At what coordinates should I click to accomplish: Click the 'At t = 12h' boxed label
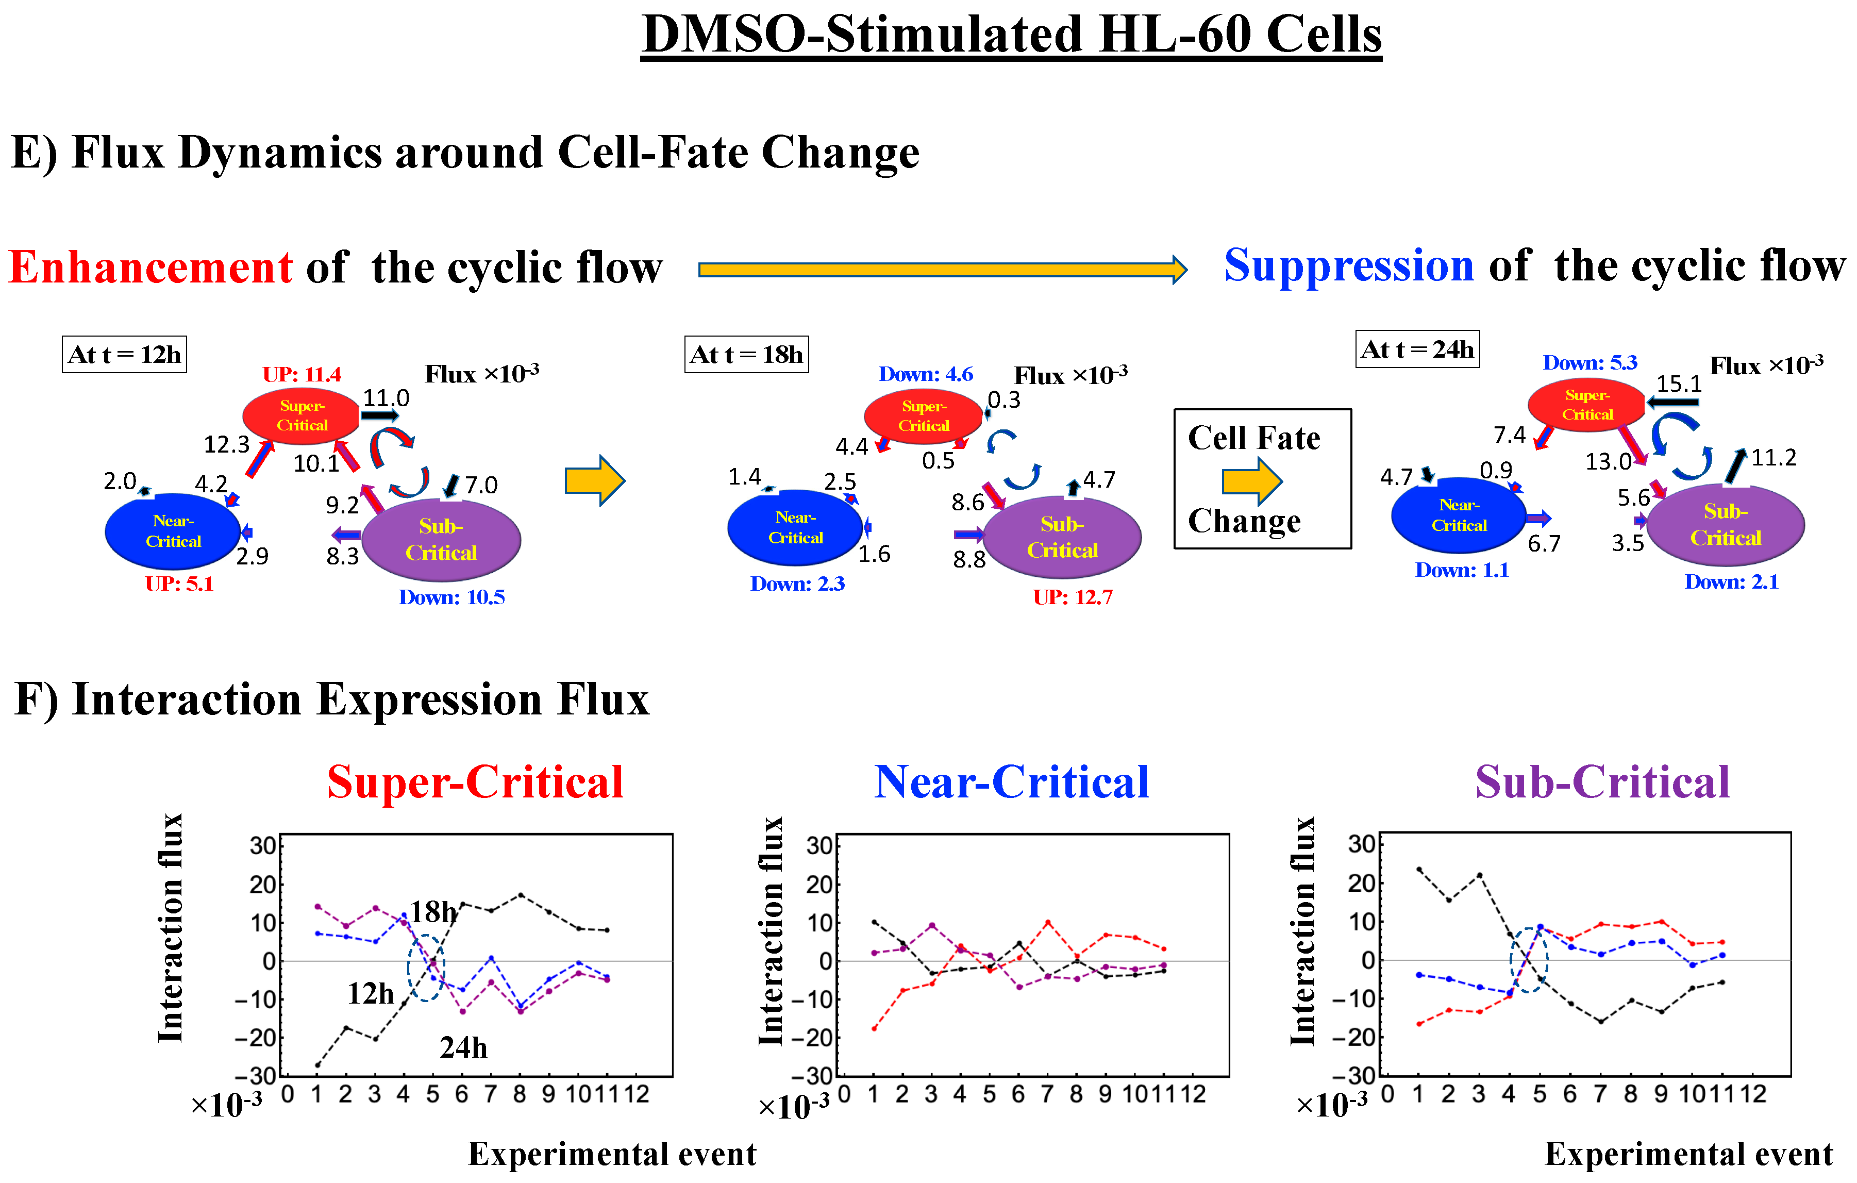click(124, 354)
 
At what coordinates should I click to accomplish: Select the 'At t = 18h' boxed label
click(746, 354)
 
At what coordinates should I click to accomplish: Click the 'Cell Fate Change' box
click(1262, 479)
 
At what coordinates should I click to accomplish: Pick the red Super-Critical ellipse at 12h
click(302, 415)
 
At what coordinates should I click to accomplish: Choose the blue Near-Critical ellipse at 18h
click(795, 527)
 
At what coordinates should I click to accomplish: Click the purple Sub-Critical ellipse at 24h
click(1725, 525)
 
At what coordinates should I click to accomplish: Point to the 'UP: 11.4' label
click(302, 375)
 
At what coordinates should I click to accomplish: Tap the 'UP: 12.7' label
click(1073, 597)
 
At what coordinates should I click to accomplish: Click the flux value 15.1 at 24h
click(1678, 384)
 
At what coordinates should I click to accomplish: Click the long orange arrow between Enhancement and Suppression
click(942, 269)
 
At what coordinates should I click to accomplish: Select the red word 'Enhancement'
click(150, 268)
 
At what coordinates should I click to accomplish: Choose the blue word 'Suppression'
click(1349, 266)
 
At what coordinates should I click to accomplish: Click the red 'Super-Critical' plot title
click(475, 782)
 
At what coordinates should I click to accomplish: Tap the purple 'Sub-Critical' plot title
click(1602, 782)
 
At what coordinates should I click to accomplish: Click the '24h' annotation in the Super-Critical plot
click(463, 1047)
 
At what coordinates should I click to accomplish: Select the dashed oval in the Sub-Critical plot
click(1529, 960)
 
